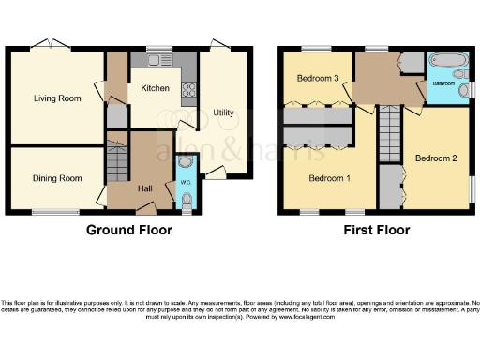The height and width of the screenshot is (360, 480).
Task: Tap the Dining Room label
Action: pos(57,178)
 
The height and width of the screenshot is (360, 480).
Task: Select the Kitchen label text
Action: pos(154,87)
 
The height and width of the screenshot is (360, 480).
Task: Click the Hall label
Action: pos(145,188)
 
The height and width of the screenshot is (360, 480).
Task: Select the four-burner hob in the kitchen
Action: pos(187,91)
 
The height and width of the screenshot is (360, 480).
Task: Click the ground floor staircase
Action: pos(116,161)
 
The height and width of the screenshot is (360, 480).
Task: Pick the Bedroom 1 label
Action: pos(329,177)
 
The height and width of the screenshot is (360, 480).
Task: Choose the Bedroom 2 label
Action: pos(436,157)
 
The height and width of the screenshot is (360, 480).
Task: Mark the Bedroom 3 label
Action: pos(317,79)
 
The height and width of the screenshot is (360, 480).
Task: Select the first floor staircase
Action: pos(390,136)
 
